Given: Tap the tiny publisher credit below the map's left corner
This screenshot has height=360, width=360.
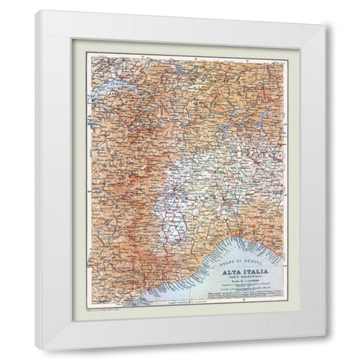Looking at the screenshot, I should (105, 307).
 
